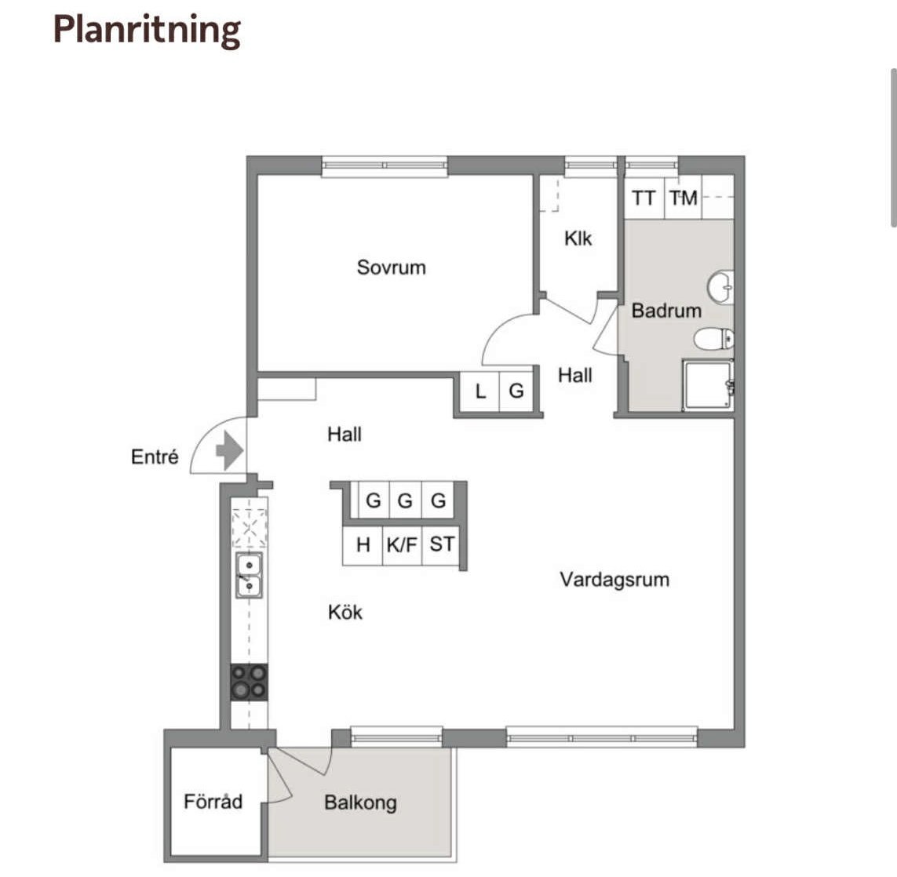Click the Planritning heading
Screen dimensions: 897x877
[x=147, y=31]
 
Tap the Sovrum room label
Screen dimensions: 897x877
[x=392, y=267]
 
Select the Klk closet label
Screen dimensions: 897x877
[x=578, y=238]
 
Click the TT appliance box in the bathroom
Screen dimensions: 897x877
[x=644, y=198]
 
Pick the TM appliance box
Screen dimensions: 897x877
[x=683, y=198]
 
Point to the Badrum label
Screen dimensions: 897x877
[x=666, y=311]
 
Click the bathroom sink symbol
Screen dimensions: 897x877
[x=720, y=286]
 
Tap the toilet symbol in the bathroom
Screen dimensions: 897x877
[x=714, y=339]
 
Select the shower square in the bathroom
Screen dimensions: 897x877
[x=708, y=384]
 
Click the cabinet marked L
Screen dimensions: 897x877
[x=480, y=391]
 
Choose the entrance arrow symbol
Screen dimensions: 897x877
[x=230, y=450]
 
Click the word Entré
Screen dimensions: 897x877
[x=155, y=457]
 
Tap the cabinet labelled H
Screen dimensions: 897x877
[x=363, y=545]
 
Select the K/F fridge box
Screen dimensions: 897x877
[x=402, y=545]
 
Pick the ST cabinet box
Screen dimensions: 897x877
[x=442, y=545]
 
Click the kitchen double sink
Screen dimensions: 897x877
[x=250, y=576]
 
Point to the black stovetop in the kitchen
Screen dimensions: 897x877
[x=249, y=682]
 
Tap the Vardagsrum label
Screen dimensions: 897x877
[x=614, y=580]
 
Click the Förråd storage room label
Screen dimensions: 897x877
[x=213, y=802]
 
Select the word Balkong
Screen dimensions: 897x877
[x=360, y=802]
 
